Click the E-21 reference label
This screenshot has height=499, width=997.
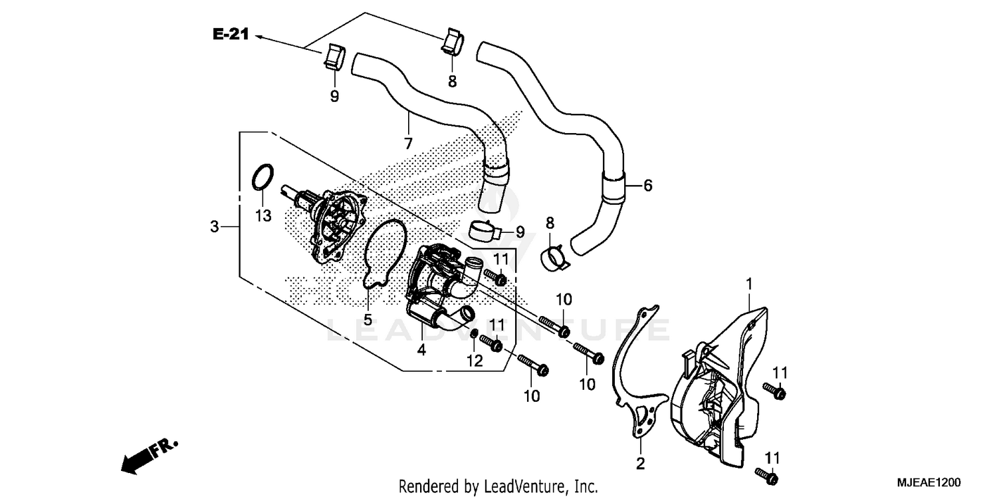point(231,35)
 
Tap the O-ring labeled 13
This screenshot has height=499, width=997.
point(263,178)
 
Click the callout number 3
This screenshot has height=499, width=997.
point(214,227)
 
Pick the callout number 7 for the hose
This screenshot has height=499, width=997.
point(407,143)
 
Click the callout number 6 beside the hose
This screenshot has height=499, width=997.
point(647,186)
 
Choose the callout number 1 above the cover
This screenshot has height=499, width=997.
point(748,284)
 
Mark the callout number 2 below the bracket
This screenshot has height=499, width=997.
point(640,464)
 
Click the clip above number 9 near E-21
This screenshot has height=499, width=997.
point(334,57)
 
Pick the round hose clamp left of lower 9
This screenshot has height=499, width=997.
point(483,230)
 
